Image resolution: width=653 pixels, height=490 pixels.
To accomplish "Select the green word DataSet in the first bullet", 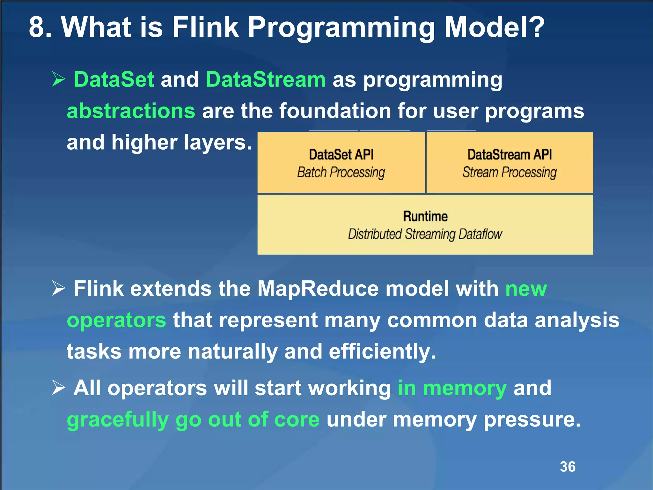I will (x=114, y=79).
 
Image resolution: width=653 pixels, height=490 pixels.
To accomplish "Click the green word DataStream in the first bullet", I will (x=265, y=79).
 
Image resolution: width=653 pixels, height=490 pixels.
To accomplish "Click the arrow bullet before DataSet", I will (x=58, y=79).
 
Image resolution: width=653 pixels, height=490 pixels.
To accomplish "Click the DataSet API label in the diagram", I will (x=341, y=155).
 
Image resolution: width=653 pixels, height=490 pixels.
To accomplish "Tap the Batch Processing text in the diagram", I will (x=341, y=172).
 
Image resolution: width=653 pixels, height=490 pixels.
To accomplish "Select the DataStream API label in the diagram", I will (x=509, y=155).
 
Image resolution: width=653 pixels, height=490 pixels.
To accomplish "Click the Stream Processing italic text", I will (x=509, y=172).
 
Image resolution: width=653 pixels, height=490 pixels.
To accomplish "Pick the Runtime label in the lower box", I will (x=425, y=217).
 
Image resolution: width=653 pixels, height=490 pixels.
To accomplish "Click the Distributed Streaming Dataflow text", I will (x=425, y=234).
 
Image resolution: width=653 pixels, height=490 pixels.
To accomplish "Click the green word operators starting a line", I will (x=116, y=320).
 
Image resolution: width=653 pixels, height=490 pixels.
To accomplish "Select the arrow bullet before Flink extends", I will (x=58, y=288).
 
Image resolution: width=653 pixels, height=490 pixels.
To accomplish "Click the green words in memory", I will (x=452, y=388).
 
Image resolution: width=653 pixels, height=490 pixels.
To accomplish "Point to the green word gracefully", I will (x=118, y=419).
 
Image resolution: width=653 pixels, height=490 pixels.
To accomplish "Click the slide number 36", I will (x=568, y=467).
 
